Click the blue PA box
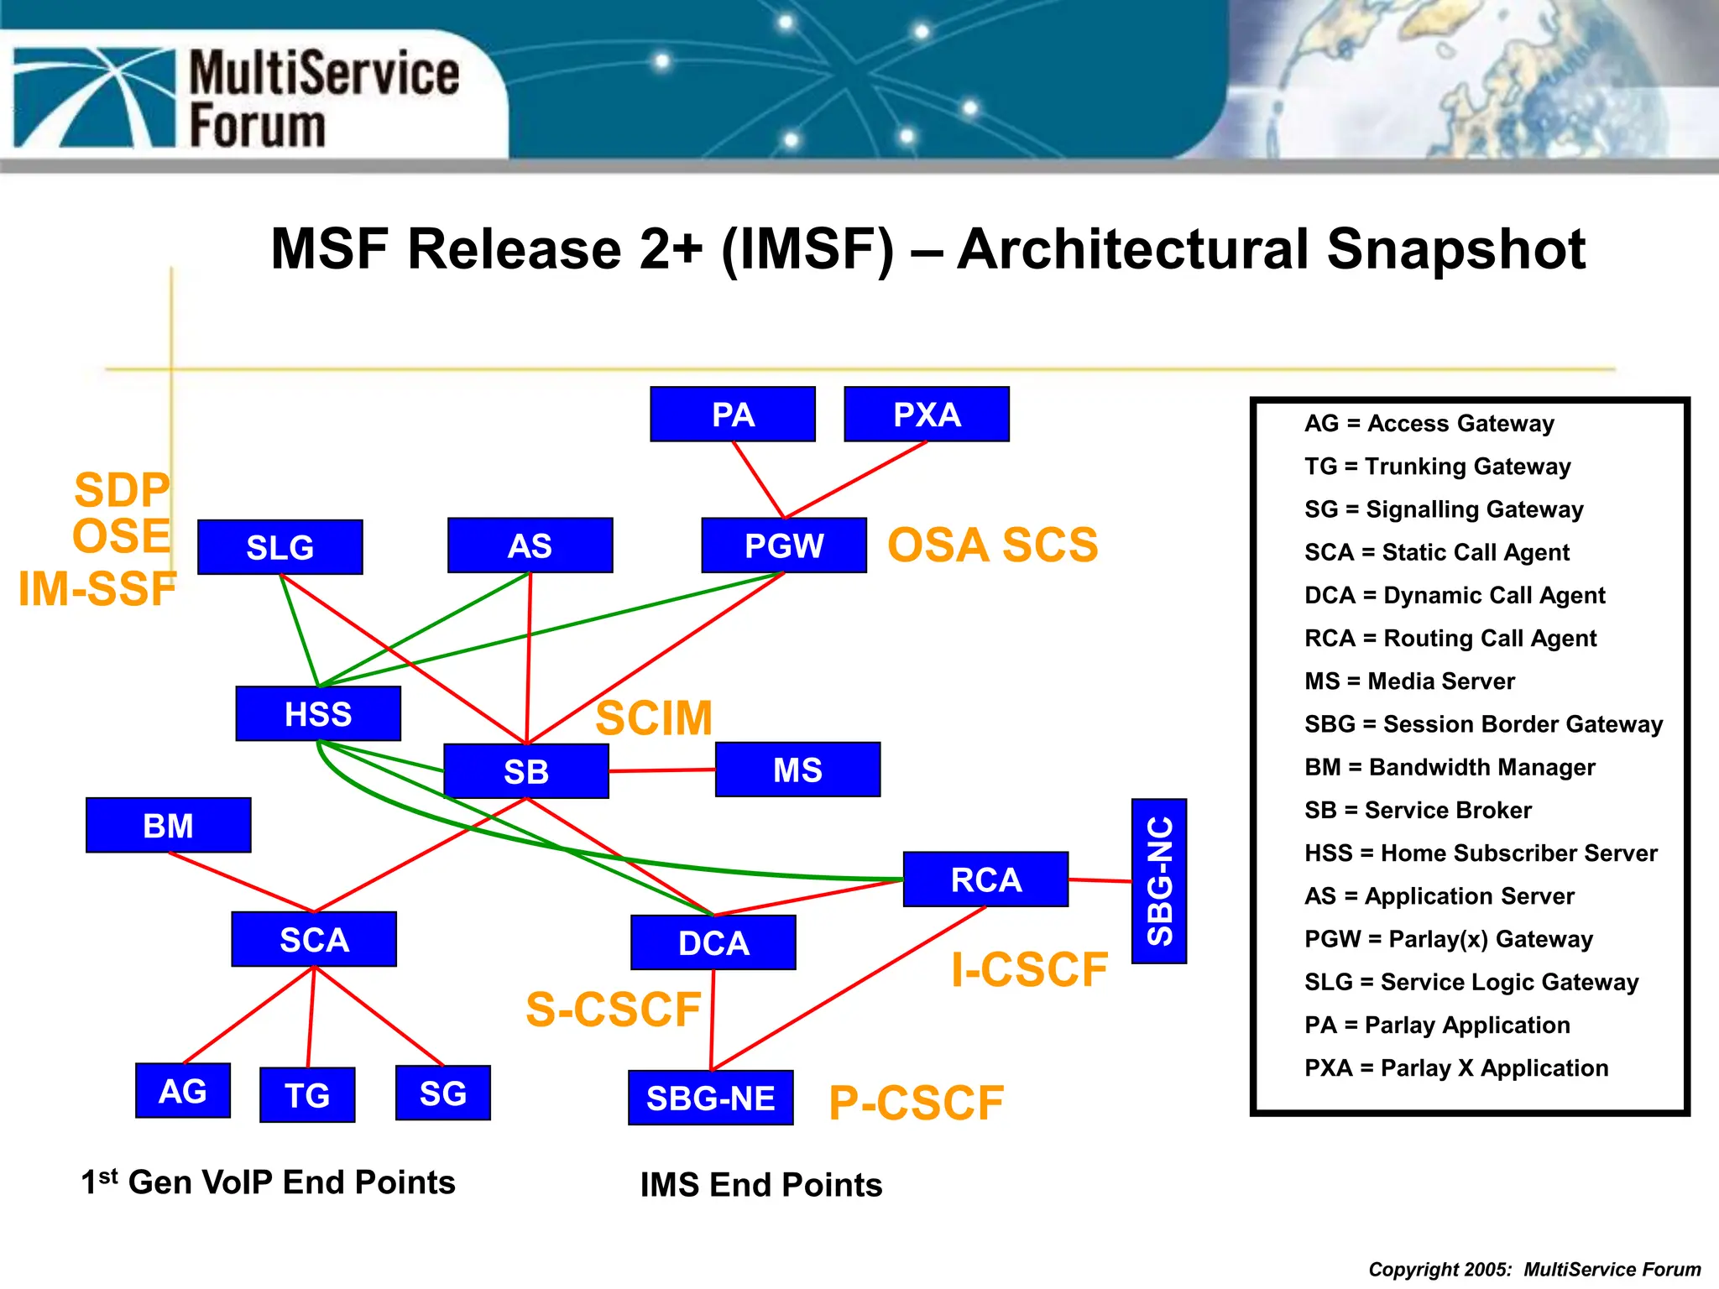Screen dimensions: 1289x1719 (x=732, y=414)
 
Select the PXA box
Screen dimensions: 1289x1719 (x=926, y=414)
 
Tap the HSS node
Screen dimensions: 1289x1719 (x=318, y=713)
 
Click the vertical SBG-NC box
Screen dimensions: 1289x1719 (x=1158, y=880)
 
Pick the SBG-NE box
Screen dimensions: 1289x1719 (x=710, y=1097)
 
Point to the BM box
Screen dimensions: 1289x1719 (x=168, y=825)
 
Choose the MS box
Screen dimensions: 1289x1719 (x=797, y=769)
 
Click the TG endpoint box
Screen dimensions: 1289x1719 (x=307, y=1094)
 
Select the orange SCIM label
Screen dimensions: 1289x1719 (x=654, y=718)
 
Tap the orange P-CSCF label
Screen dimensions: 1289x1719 (x=916, y=1103)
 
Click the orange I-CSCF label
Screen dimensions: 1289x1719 (x=1029, y=970)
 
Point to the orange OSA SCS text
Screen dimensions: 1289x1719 (x=992, y=545)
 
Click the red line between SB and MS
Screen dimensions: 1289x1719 (x=661, y=770)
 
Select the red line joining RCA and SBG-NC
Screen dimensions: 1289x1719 (x=1100, y=880)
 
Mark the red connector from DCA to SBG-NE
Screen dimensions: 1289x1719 (x=713, y=1020)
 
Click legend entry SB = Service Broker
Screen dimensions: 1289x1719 (x=1418, y=810)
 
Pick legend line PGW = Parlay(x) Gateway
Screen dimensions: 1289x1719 (x=1448, y=939)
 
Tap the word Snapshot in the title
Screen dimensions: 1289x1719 (x=1455, y=249)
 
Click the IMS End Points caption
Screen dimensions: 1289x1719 (x=760, y=1184)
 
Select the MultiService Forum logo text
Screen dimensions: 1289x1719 (x=323, y=99)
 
